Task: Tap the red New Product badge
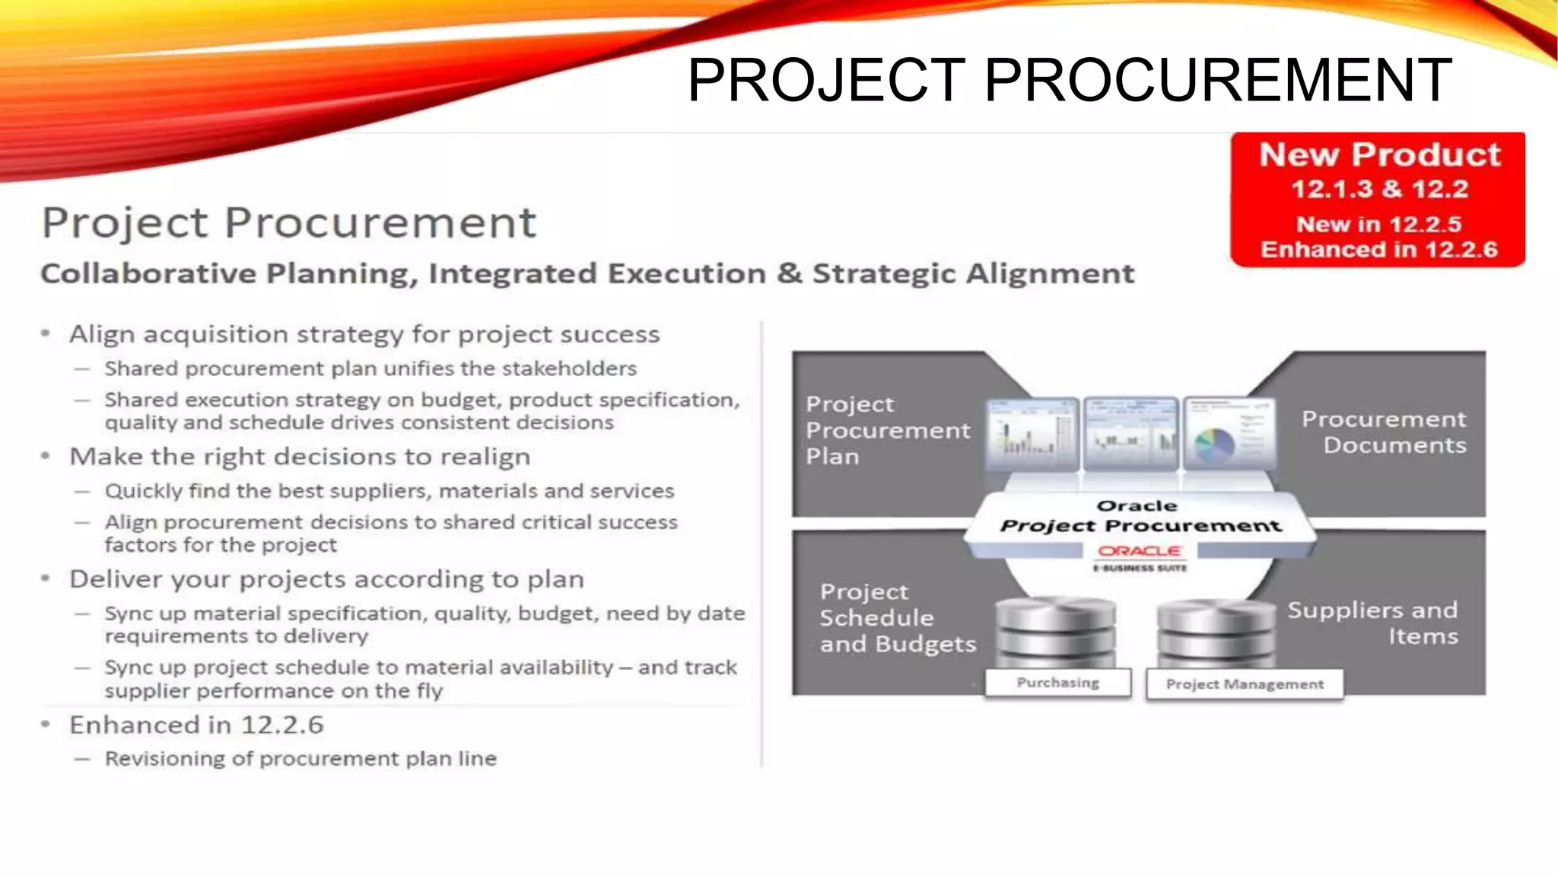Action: click(1378, 199)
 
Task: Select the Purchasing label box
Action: click(1058, 683)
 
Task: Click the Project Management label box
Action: click(1245, 684)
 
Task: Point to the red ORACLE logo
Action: click(1140, 551)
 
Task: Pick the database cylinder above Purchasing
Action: click(1056, 632)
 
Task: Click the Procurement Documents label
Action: click(1384, 432)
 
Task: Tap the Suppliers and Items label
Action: click(1372, 623)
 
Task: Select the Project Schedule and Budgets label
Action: click(898, 618)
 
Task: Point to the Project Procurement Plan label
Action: click(888, 430)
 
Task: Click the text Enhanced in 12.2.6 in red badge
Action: click(1378, 250)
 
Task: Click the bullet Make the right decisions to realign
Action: click(300, 457)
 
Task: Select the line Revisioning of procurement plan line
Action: click(300, 759)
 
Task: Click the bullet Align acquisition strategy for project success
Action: click(364, 334)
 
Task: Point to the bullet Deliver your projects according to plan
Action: click(326, 579)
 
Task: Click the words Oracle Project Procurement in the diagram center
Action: click(1140, 517)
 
